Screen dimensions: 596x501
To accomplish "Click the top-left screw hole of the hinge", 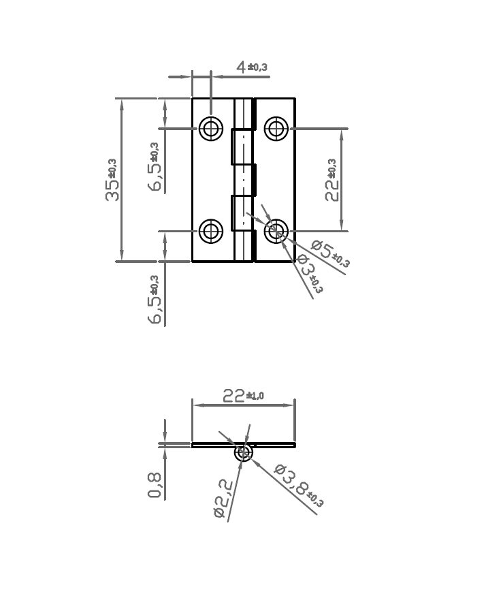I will point(211,128).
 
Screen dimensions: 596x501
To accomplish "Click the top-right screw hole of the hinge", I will point(276,128).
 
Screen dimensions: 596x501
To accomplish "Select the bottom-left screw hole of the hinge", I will point(211,231).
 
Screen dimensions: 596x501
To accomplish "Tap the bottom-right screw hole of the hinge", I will point(276,232).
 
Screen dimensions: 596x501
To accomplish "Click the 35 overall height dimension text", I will point(112,181).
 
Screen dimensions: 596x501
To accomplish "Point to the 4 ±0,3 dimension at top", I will point(251,67).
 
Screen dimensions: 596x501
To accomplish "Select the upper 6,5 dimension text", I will point(155,168).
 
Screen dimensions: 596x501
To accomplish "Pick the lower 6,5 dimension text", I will point(155,300).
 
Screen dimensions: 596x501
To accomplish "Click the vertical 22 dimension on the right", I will point(332,181).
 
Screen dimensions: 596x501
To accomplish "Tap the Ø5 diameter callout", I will point(330,253).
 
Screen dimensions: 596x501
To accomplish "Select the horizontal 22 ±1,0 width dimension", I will point(242,396).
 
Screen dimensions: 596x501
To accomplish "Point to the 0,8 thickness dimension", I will point(155,485).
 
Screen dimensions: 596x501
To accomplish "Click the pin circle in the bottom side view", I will point(244,453).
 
